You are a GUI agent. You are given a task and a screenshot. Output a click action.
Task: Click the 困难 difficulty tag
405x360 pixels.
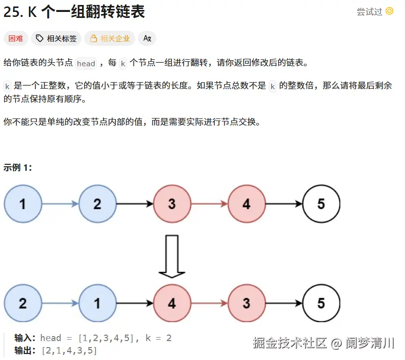tap(16, 38)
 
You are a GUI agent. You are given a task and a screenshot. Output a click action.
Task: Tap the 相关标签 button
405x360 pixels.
tap(56, 38)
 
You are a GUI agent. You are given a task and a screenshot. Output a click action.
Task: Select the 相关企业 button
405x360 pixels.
tap(110, 38)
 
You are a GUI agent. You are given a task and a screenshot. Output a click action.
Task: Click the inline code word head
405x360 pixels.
tap(86, 63)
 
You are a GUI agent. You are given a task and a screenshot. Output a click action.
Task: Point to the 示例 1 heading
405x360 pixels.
tap(18, 167)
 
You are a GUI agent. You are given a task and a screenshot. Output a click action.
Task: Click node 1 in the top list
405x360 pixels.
tap(22, 204)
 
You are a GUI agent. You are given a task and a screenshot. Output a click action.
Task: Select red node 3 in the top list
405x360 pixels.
tap(172, 204)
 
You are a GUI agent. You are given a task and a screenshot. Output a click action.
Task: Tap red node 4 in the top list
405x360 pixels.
tap(246, 204)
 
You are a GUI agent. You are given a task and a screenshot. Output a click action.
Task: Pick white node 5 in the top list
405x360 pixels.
tap(321, 204)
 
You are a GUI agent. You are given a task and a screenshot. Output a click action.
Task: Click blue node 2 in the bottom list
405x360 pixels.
tap(22, 303)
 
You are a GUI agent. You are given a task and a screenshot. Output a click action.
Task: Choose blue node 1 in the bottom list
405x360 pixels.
tap(97, 303)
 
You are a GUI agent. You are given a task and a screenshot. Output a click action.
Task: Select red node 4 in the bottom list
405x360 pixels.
tap(172, 303)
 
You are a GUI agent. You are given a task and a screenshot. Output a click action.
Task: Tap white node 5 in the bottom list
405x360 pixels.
tap(321, 303)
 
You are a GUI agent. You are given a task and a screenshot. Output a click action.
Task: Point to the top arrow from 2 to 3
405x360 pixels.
tap(134, 204)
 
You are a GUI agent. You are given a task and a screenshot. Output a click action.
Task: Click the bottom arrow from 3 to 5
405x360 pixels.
tap(284, 303)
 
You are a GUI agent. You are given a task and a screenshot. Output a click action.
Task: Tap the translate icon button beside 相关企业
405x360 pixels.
tap(147, 38)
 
